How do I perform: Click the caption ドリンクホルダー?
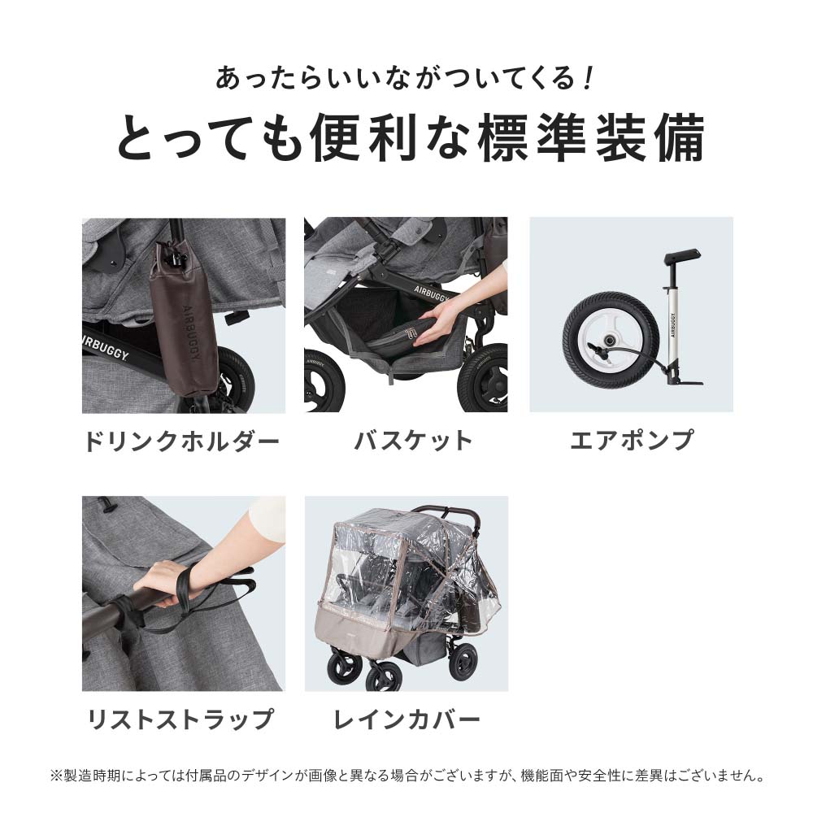[182, 441]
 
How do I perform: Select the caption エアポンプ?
[632, 441]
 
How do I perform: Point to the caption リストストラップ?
[180, 720]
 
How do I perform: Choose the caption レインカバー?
[406, 720]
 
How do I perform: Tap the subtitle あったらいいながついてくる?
[406, 80]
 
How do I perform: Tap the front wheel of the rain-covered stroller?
[382, 675]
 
